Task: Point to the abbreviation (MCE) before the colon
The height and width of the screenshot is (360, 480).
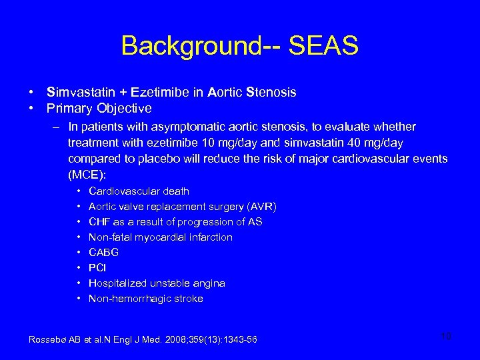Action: coord(87,175)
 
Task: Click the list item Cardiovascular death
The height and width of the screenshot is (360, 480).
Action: coord(139,191)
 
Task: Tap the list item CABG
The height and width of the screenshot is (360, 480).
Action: coord(103,253)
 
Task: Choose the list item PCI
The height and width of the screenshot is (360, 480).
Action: coord(97,268)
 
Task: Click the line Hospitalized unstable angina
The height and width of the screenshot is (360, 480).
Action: coord(157,283)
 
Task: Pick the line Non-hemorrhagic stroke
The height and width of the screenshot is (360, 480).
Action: coord(145,299)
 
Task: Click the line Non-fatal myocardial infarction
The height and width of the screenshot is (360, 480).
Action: coord(160,237)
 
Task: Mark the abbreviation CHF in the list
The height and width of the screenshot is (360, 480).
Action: coord(99,222)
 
